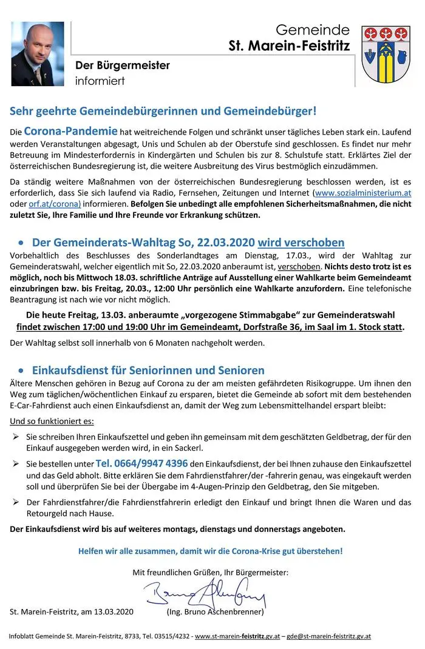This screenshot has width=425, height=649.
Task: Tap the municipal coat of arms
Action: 386,54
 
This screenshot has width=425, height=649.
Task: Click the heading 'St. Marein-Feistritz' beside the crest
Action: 289,45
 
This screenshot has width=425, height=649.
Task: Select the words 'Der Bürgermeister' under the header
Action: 122,66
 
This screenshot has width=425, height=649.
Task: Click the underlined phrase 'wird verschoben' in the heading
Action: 301,243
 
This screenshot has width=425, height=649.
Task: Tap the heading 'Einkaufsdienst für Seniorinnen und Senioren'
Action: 148,370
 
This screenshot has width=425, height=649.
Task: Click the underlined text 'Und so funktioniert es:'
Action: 52,421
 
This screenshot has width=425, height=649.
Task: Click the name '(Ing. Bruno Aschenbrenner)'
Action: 215,611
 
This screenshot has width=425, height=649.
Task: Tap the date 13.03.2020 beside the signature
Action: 112,611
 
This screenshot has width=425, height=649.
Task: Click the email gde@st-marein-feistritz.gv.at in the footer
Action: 329,636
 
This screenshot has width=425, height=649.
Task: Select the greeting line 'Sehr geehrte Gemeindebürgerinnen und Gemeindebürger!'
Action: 163,111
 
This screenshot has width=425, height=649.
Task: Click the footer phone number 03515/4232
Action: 171,636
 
